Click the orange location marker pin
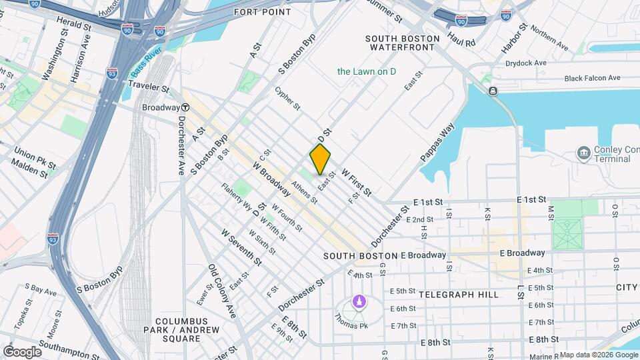tap(320, 159)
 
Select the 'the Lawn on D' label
tap(367, 71)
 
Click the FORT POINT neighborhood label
tap(262, 12)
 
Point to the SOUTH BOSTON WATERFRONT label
tap(403, 43)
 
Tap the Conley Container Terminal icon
tap(583, 153)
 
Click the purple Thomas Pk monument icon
tap(359, 302)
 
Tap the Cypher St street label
tap(287, 98)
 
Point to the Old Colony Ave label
tap(222, 291)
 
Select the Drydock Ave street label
tap(526, 63)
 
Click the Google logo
tap(22, 351)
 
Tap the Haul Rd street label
tap(461, 38)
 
